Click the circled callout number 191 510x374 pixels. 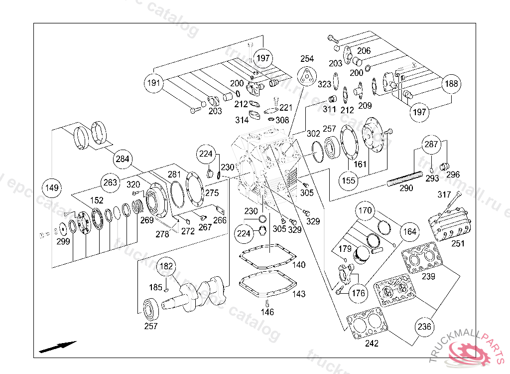(154, 83)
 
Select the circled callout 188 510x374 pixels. (452, 84)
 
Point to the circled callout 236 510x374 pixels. (424, 327)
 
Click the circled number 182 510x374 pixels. (167, 266)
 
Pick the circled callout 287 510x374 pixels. (431, 145)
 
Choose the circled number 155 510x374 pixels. (349, 180)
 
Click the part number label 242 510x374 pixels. (372, 344)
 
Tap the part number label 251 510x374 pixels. (458, 244)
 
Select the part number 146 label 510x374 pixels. (267, 312)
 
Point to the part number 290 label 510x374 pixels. (406, 188)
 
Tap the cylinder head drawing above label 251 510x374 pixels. (450, 223)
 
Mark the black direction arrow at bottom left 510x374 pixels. (58, 346)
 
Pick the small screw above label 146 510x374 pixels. (267, 303)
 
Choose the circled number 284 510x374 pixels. (123, 160)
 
